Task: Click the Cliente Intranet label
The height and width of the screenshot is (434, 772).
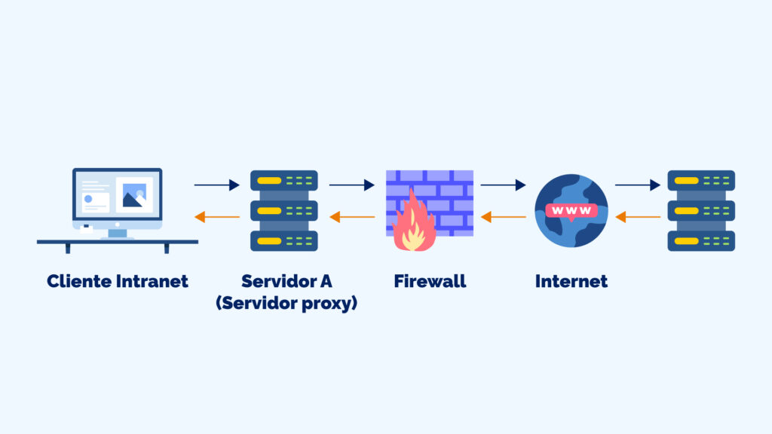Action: point(117,282)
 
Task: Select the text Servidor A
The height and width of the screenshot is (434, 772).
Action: point(286,282)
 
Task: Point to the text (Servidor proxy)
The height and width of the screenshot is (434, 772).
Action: point(286,304)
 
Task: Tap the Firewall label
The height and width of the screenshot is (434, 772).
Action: point(430,282)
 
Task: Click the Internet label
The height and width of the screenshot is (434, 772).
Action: point(571,282)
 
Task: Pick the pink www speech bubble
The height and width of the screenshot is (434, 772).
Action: point(571,210)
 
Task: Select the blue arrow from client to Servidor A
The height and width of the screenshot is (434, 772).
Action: point(216,185)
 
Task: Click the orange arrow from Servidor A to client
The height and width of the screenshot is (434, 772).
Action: point(216,218)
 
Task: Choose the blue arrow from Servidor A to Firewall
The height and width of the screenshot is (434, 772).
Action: point(352,185)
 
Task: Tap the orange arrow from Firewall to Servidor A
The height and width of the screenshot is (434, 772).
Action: point(352,218)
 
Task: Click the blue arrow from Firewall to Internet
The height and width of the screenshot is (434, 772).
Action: point(503,185)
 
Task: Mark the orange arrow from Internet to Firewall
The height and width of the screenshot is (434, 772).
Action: point(503,218)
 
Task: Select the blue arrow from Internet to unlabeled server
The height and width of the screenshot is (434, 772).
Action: point(638,185)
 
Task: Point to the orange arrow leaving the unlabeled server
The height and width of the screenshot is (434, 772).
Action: point(638,218)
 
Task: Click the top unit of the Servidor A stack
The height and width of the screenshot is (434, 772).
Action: point(284,181)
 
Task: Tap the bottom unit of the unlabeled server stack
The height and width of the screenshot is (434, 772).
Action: point(701,241)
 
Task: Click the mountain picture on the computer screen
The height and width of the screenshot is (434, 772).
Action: point(134,196)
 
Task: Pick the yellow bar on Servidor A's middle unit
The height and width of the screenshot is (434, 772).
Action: point(269,210)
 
